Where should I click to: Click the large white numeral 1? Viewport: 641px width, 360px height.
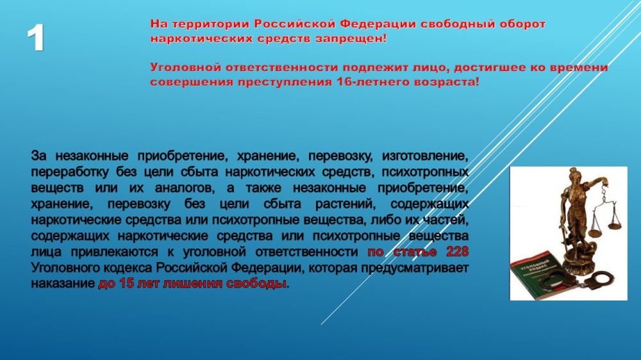click(x=36, y=39)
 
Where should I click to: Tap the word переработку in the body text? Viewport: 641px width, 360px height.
click(x=70, y=172)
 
